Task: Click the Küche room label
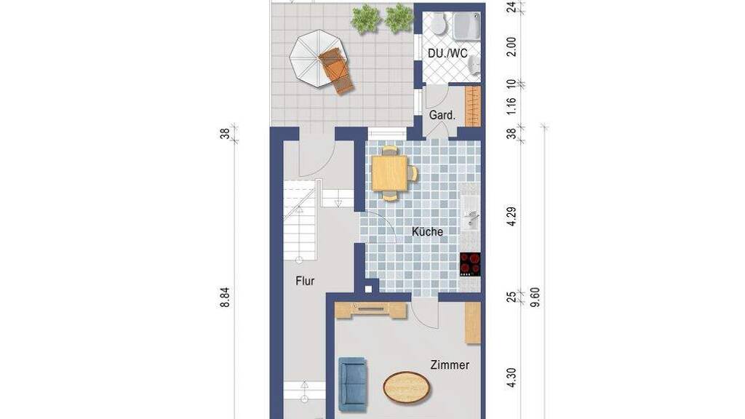(427, 232)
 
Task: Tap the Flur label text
(305, 281)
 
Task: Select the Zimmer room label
(450, 365)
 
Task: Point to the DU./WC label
(447, 53)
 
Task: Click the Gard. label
(442, 115)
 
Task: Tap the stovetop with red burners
(470, 264)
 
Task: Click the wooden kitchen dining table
(390, 173)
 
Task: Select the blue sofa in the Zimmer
(353, 384)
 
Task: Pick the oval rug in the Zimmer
(407, 387)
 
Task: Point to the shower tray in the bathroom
(466, 26)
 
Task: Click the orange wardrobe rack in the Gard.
(473, 106)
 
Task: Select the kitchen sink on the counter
(471, 218)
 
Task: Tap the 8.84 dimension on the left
(225, 298)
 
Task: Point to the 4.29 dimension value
(511, 217)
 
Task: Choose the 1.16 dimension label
(511, 106)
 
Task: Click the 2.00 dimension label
(511, 47)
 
